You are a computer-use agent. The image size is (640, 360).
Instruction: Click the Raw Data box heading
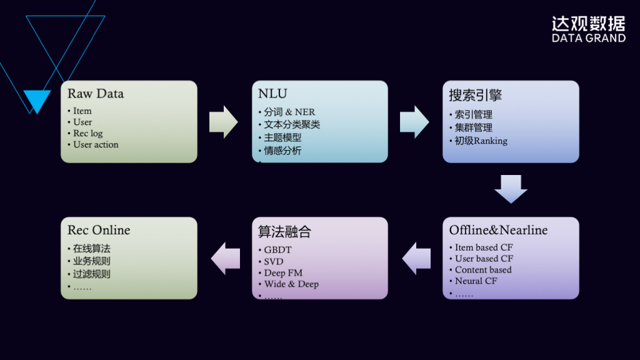click(x=96, y=94)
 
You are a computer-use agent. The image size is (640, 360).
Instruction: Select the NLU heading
click(x=272, y=94)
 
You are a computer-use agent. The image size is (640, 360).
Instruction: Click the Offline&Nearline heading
click(x=498, y=230)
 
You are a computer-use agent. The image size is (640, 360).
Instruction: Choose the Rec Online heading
click(x=99, y=230)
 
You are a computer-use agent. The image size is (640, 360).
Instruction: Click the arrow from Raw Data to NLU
click(x=223, y=121)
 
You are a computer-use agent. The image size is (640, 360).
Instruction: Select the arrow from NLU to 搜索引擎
click(x=414, y=121)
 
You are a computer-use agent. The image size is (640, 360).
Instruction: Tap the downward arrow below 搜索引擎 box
click(x=511, y=189)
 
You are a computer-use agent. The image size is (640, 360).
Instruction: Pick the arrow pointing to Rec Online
click(x=225, y=257)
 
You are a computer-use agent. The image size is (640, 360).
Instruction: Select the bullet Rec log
click(x=87, y=133)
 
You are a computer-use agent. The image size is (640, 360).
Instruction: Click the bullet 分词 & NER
click(x=289, y=112)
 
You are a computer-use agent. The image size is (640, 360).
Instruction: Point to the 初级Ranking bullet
click(x=481, y=141)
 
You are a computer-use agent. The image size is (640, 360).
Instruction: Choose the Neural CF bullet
click(x=476, y=281)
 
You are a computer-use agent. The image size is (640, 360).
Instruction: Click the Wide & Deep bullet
click(x=291, y=284)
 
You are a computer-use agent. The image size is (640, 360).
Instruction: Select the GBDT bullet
click(x=278, y=250)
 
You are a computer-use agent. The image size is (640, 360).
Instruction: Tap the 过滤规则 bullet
click(x=91, y=274)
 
